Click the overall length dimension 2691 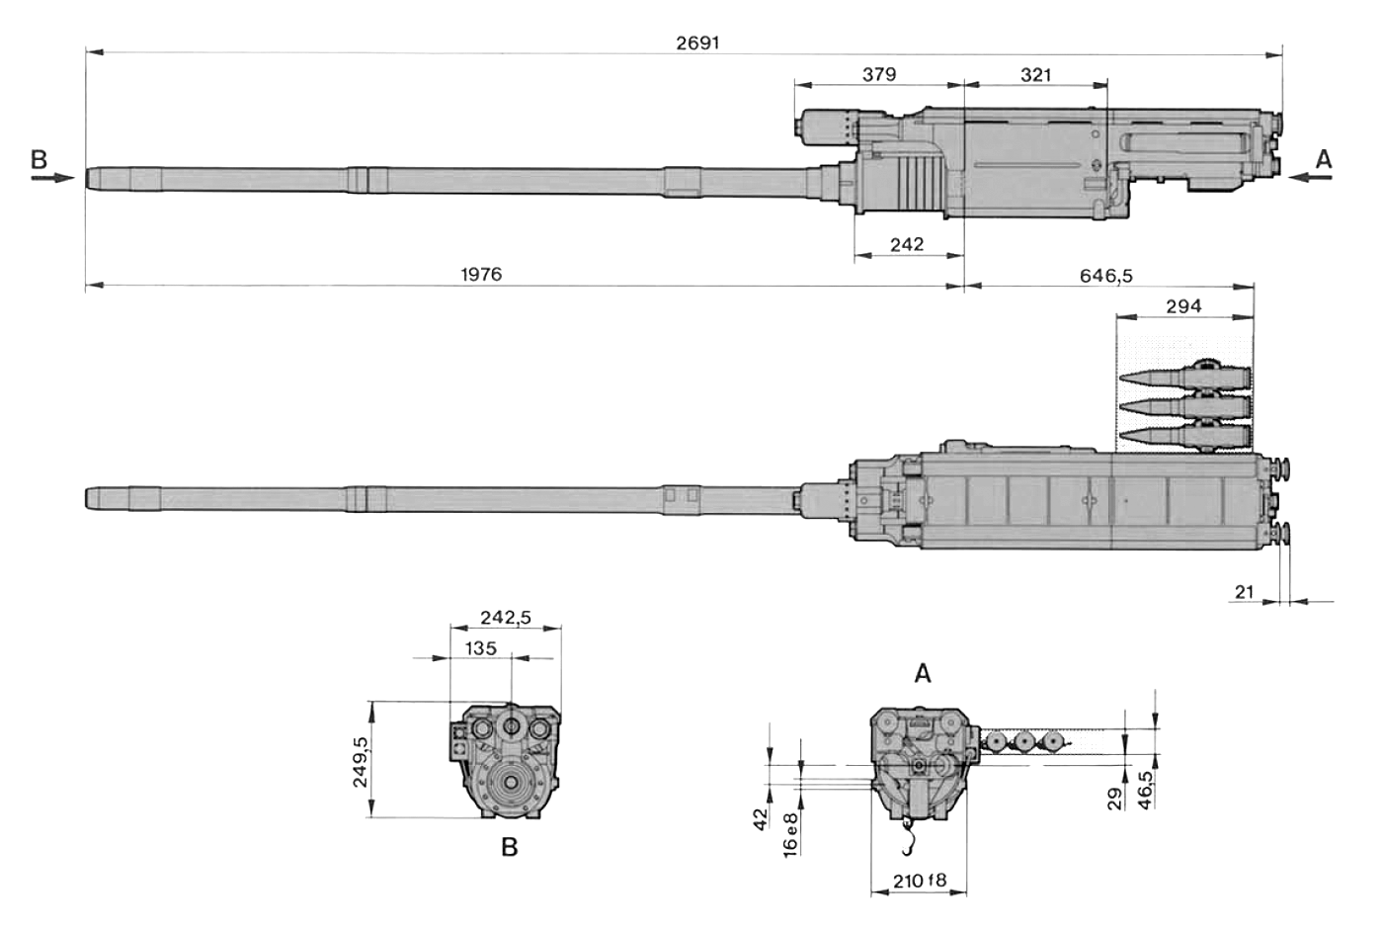pos(697,42)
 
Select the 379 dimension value pos(879,74)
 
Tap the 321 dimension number pos(1035,75)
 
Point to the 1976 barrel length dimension pos(482,274)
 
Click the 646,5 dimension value pos(1106,276)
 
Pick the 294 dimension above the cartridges pos(1184,306)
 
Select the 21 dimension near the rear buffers pos(1244,592)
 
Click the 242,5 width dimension pos(506,617)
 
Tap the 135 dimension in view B pos(481,648)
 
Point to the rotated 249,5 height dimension pos(360,762)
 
